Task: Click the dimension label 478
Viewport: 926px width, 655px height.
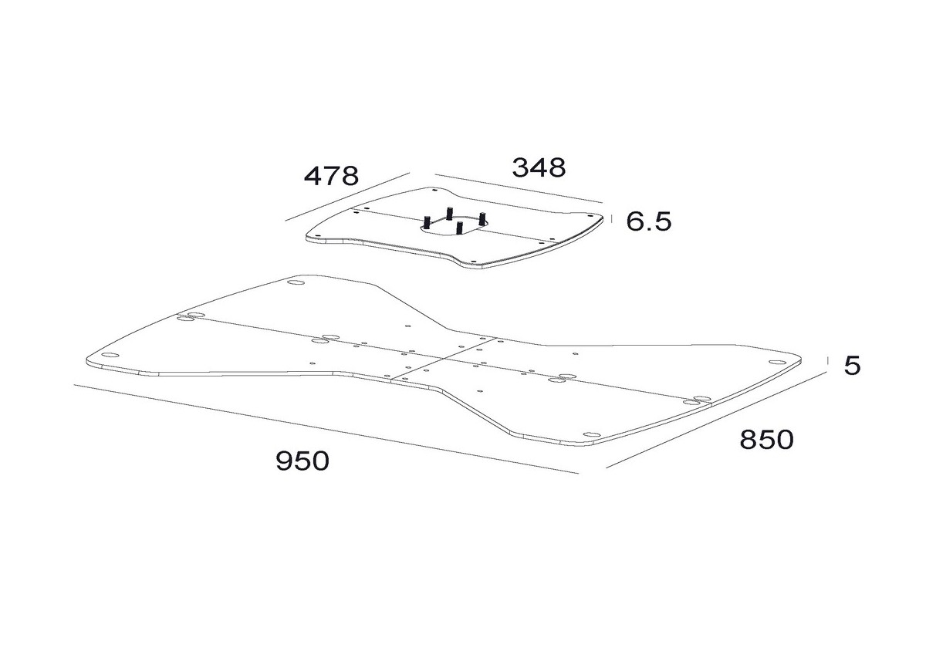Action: (x=331, y=176)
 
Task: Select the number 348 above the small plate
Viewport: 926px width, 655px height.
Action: (x=539, y=167)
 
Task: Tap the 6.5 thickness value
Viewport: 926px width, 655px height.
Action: (x=649, y=221)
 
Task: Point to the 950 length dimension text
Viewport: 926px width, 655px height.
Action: (x=302, y=461)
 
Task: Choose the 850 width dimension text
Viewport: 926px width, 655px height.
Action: (x=767, y=439)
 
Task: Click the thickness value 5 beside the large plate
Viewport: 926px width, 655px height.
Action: (x=852, y=366)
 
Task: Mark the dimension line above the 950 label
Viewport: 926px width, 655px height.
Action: (x=326, y=430)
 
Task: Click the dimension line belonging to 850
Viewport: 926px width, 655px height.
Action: (x=716, y=420)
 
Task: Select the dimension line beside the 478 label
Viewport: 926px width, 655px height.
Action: (x=347, y=197)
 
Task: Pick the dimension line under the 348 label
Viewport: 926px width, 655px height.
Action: (x=519, y=189)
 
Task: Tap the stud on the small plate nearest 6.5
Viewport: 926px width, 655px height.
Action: (x=482, y=218)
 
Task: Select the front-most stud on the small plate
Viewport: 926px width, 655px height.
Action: (x=459, y=228)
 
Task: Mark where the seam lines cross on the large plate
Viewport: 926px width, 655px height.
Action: (x=443, y=358)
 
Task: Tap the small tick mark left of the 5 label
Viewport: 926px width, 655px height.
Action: (x=827, y=360)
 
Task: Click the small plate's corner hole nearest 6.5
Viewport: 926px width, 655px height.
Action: (x=590, y=215)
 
